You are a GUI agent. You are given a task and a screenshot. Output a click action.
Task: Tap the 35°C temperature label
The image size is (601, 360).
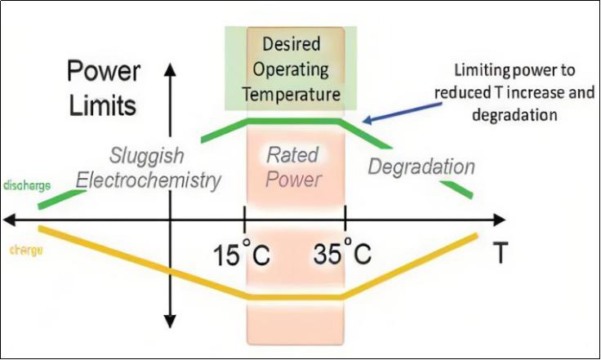(342, 255)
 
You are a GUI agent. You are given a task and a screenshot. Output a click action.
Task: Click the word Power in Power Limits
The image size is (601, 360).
(102, 72)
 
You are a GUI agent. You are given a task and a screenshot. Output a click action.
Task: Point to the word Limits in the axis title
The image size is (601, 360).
(102, 106)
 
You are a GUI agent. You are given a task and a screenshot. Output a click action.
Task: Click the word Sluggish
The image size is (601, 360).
(147, 156)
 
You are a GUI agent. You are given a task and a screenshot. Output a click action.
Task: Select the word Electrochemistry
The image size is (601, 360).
(165, 181)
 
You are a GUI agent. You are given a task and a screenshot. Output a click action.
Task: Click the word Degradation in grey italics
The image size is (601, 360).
(421, 167)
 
